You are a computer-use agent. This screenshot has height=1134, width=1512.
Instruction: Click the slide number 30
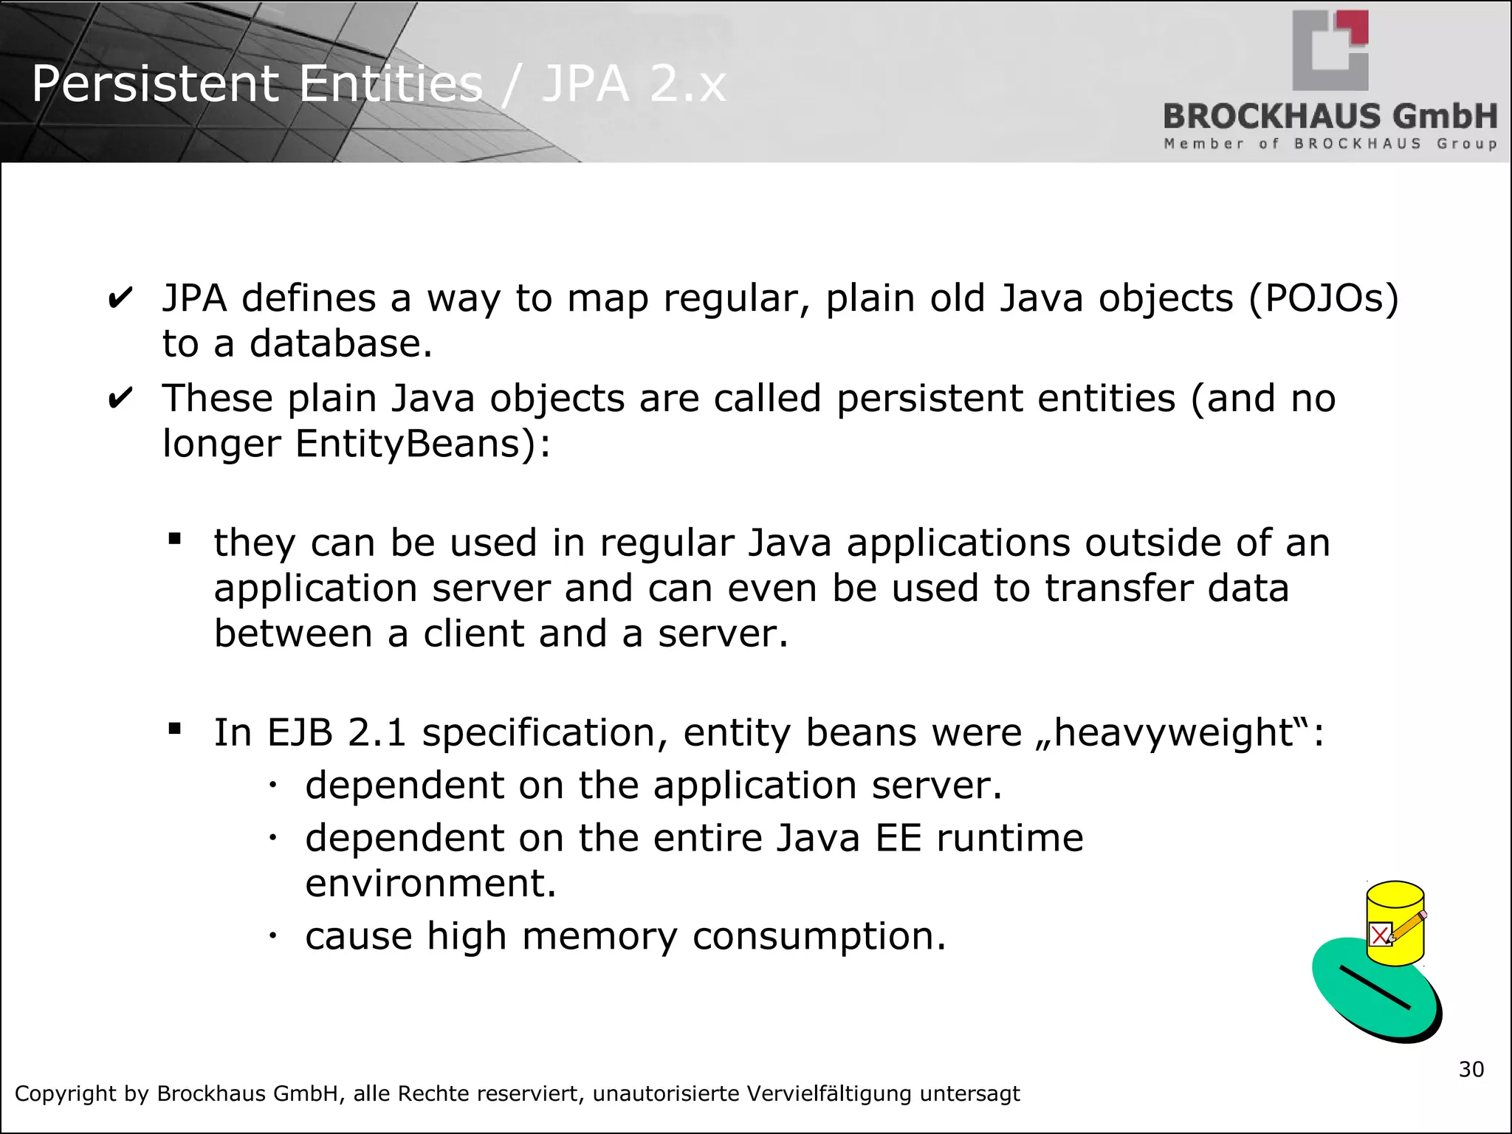1471,1069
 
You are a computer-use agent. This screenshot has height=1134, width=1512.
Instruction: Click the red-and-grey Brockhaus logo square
1330,49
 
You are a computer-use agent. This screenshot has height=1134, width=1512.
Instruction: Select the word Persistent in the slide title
155,83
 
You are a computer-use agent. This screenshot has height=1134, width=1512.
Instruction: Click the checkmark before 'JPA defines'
120,300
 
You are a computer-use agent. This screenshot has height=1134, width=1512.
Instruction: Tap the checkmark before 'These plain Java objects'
120,399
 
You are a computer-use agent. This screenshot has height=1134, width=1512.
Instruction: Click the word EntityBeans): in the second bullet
423,444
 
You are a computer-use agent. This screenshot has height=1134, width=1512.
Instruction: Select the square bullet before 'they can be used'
175,539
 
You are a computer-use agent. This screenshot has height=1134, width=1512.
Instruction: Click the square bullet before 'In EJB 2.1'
175,729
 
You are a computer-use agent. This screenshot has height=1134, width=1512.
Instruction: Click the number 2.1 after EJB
377,733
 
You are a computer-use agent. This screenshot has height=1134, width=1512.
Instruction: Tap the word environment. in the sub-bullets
430,884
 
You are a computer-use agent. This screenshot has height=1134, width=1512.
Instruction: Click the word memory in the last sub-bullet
599,936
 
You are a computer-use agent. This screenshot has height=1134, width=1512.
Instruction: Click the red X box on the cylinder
1379,935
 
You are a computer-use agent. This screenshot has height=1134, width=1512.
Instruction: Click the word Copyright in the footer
66,1093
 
